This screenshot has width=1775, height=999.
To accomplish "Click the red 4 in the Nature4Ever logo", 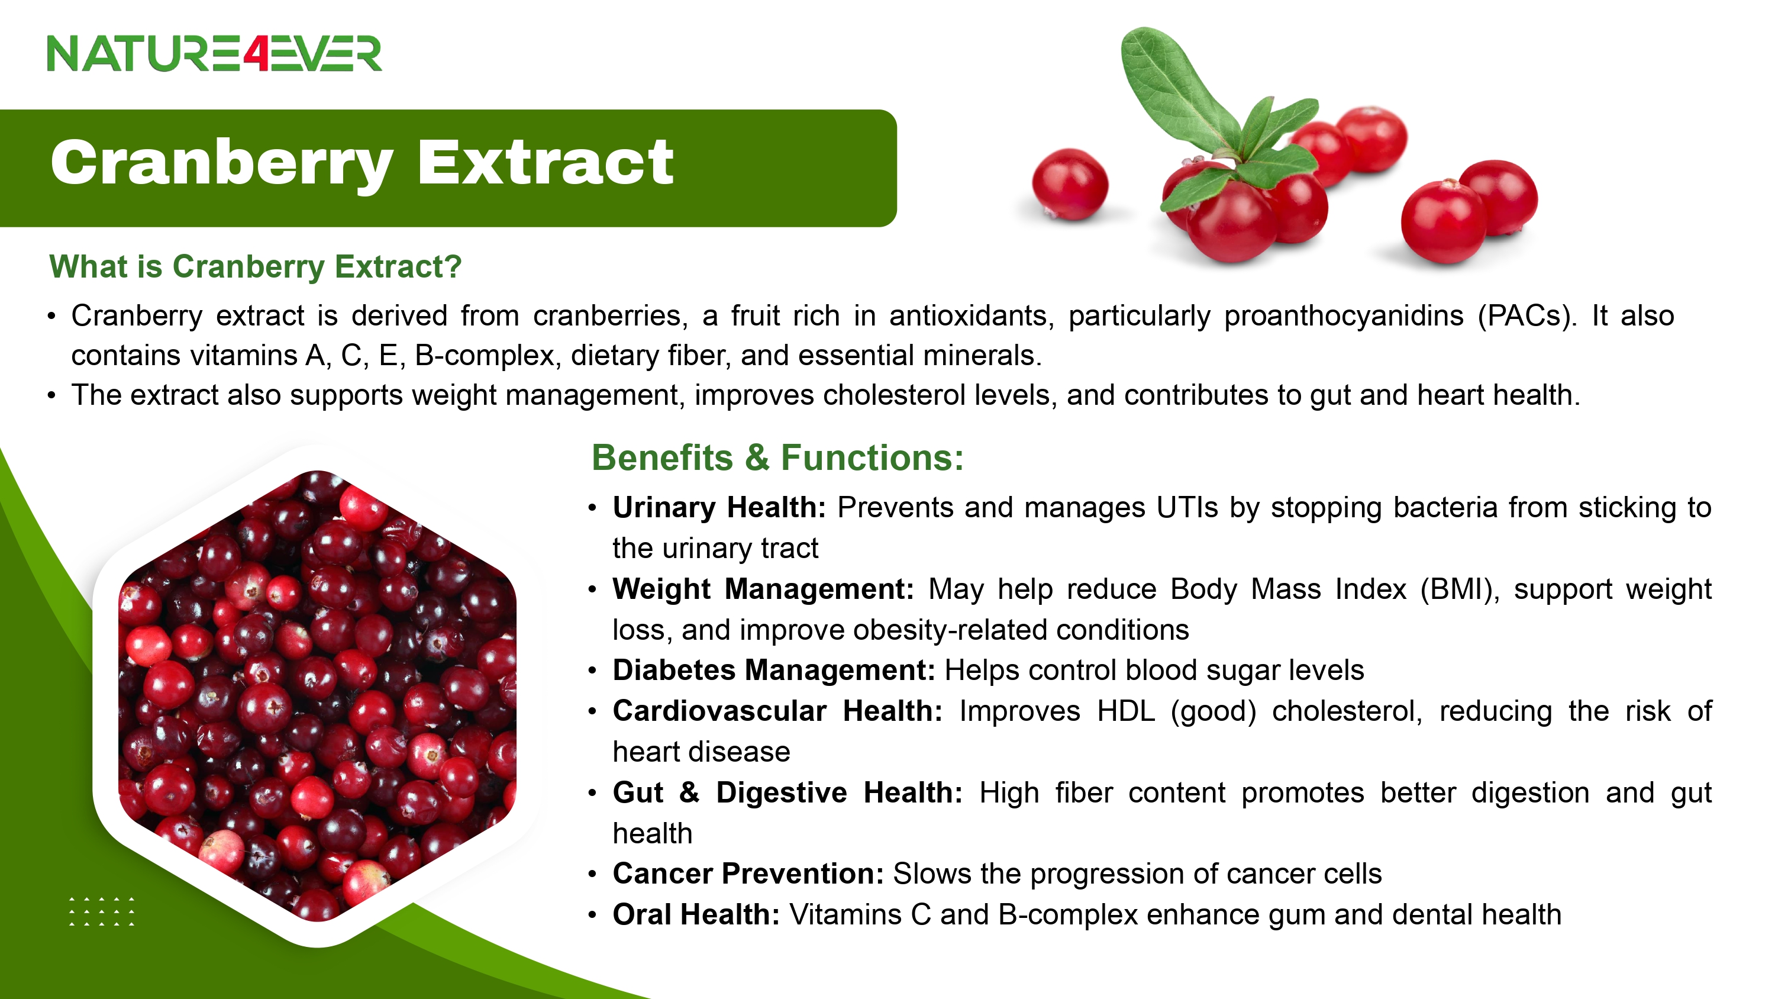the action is tap(255, 54).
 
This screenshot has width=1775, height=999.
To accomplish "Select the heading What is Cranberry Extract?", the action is tap(255, 268).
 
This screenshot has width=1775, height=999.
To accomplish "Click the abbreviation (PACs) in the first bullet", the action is tap(1527, 317).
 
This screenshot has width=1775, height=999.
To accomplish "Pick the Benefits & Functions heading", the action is tap(777, 458).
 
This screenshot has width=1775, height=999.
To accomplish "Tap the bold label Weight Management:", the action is tap(763, 590).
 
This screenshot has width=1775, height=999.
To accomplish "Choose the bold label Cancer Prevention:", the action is tap(748, 874).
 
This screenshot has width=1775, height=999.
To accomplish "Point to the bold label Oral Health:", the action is tap(696, 915).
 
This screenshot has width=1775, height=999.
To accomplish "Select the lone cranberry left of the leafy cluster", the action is tap(1070, 185).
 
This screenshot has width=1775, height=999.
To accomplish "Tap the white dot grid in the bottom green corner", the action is tap(102, 911).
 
